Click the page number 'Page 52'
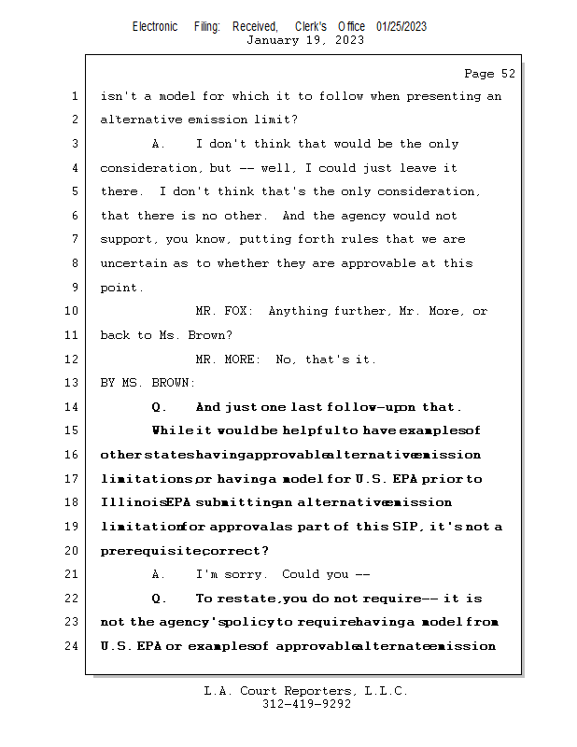click(x=489, y=73)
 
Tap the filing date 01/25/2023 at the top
click(x=401, y=26)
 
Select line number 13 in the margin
click(x=74, y=383)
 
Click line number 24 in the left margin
click(x=74, y=646)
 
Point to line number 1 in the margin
click(x=74, y=96)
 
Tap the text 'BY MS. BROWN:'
click(x=148, y=383)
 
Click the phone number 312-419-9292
click(x=306, y=704)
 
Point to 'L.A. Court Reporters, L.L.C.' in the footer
click(x=306, y=691)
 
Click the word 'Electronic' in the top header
click(x=155, y=26)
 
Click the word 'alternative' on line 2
click(x=140, y=120)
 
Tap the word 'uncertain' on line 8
click(x=133, y=263)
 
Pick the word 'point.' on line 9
click(x=121, y=288)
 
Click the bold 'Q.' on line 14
click(x=159, y=407)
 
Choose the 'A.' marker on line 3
click(x=159, y=144)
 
